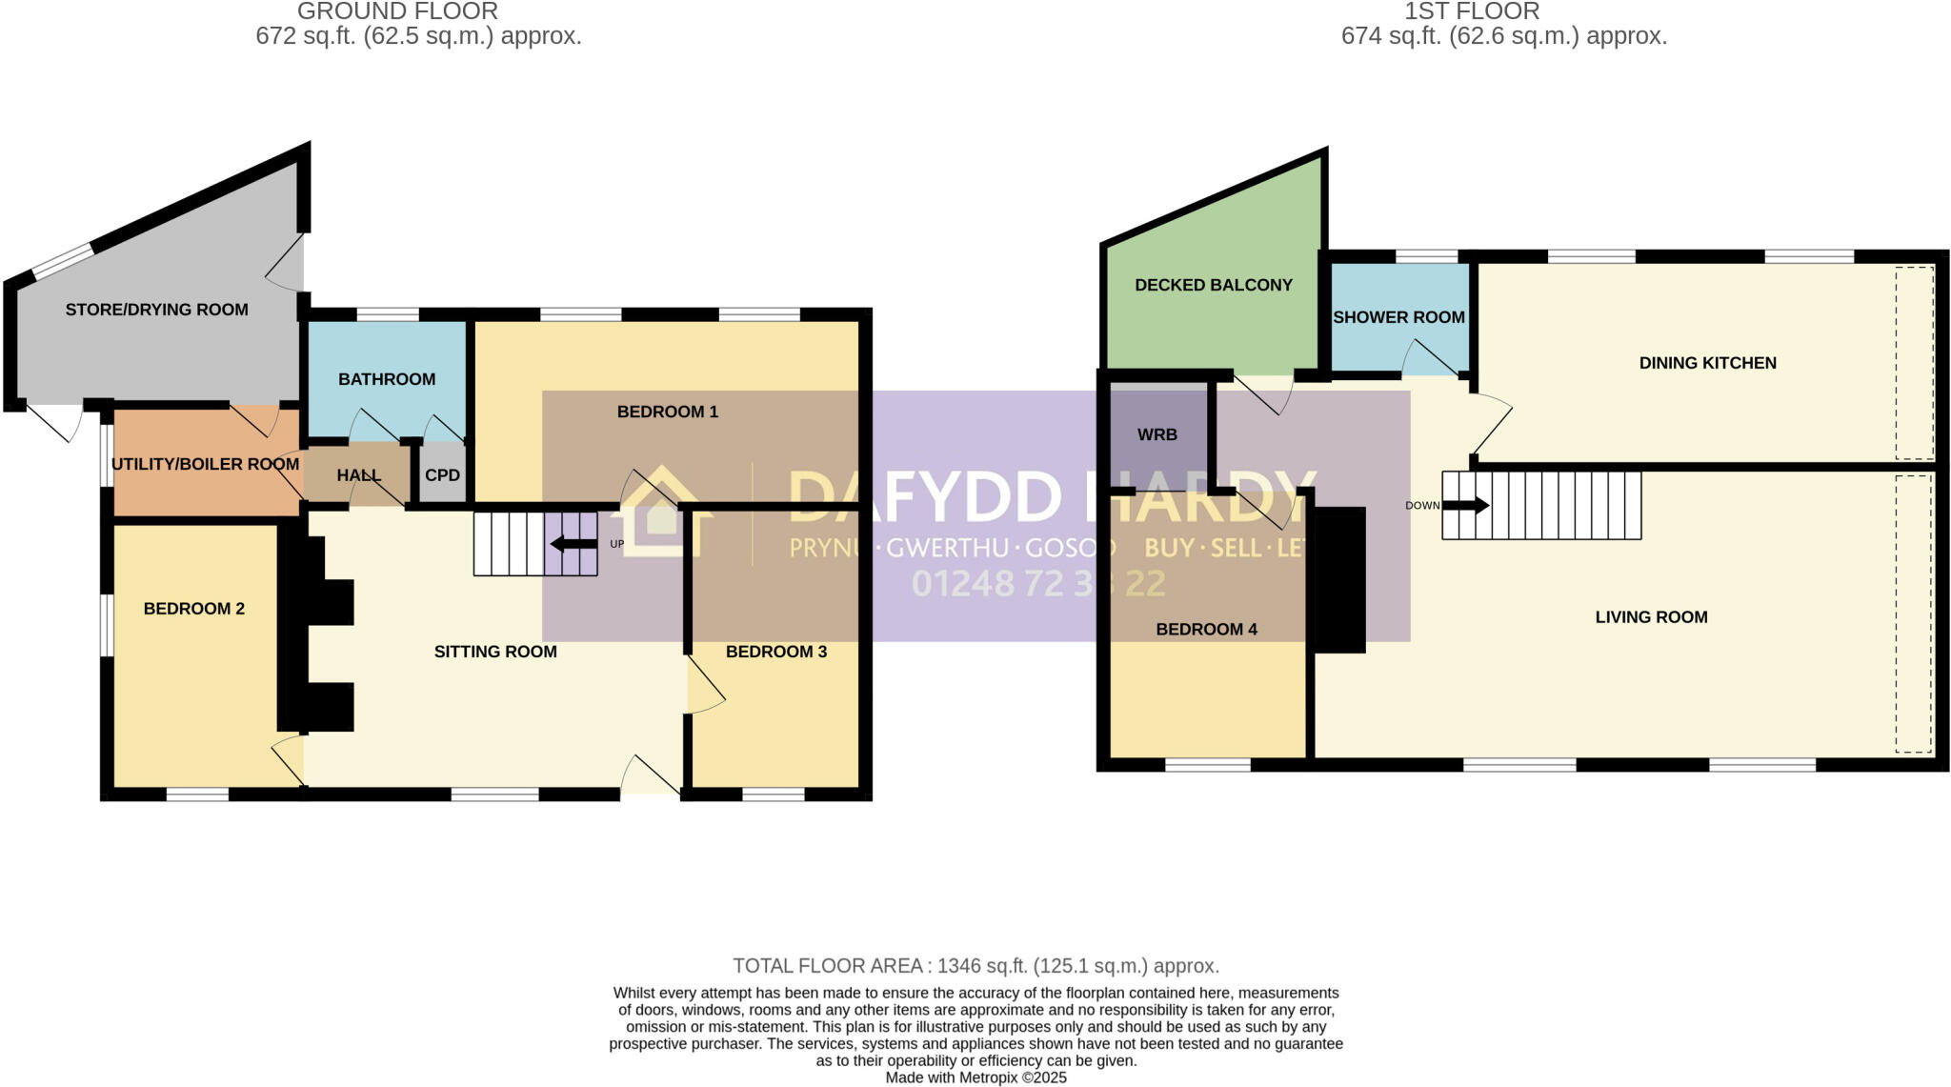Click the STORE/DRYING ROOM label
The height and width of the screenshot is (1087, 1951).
click(x=156, y=310)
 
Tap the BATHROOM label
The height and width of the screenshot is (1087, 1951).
click(x=387, y=379)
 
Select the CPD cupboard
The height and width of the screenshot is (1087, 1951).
click(x=442, y=474)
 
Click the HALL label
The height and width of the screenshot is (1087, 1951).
click(x=358, y=474)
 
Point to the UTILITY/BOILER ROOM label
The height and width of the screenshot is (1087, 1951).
click(x=205, y=464)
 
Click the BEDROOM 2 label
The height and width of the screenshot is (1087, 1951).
click(x=194, y=609)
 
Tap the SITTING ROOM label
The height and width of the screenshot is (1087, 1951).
click(x=495, y=652)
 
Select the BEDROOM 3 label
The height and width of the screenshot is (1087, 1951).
click(x=776, y=652)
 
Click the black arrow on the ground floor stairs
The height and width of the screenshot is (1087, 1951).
click(x=573, y=544)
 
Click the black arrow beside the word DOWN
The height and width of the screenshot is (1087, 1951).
click(x=1467, y=505)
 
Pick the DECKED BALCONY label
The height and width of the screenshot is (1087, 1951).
click(x=1214, y=285)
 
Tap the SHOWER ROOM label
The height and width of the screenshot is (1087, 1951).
click(x=1398, y=317)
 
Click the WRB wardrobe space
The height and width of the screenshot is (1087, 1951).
click(x=1157, y=434)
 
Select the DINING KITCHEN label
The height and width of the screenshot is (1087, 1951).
click(x=1707, y=363)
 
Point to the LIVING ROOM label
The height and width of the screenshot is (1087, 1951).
click(x=1651, y=617)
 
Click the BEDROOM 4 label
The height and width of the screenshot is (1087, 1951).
click(x=1206, y=629)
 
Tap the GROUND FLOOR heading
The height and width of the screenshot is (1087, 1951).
click(x=397, y=11)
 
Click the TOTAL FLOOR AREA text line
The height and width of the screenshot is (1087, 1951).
click(x=975, y=966)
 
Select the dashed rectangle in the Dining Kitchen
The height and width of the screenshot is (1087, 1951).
click(x=1914, y=363)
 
